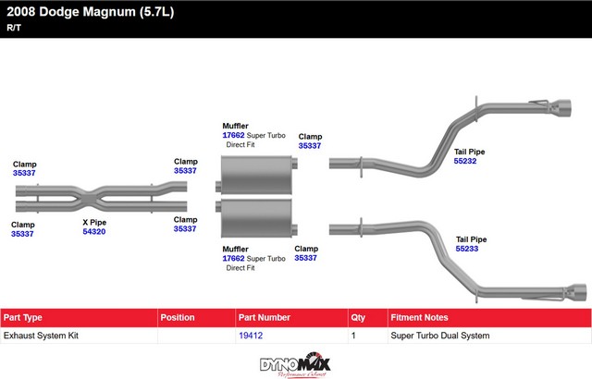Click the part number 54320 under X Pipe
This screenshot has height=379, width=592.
94,232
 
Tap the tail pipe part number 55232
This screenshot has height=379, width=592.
465,160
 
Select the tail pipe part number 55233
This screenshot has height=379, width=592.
467,249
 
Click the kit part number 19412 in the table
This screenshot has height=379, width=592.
250,336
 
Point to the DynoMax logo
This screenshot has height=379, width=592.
295,363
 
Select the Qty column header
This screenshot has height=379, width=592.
358,317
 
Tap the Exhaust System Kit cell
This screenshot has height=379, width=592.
41,336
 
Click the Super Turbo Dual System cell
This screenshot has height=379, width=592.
440,336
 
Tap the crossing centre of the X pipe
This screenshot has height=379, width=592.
93,195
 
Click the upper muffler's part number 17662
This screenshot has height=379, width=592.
233,135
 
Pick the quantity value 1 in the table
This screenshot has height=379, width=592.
353,336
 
